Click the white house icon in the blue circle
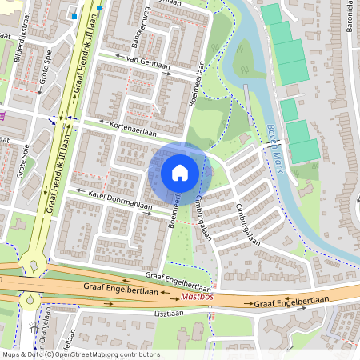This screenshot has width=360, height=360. [180, 172]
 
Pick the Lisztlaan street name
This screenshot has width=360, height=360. [170, 314]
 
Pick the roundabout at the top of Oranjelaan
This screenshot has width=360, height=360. [31, 301]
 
